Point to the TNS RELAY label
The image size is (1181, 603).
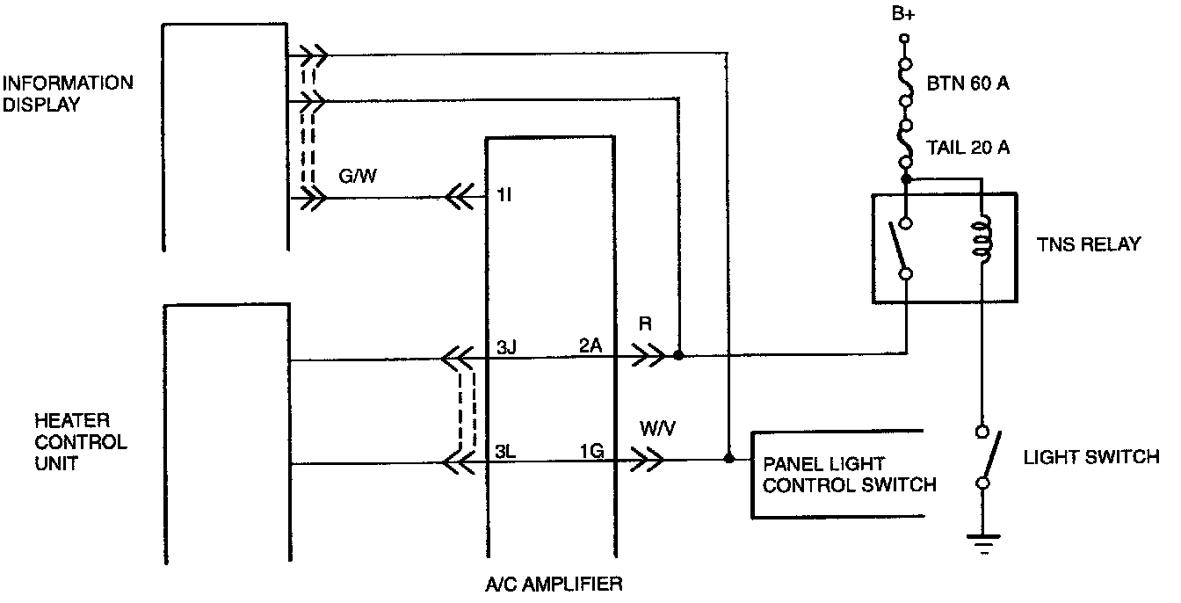1087,243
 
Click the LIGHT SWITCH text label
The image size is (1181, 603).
1091,457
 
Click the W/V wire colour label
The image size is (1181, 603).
657,429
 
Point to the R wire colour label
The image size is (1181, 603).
646,324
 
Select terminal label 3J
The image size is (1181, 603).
504,347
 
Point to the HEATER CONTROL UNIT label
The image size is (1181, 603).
80,441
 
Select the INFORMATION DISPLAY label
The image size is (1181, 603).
67,94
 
